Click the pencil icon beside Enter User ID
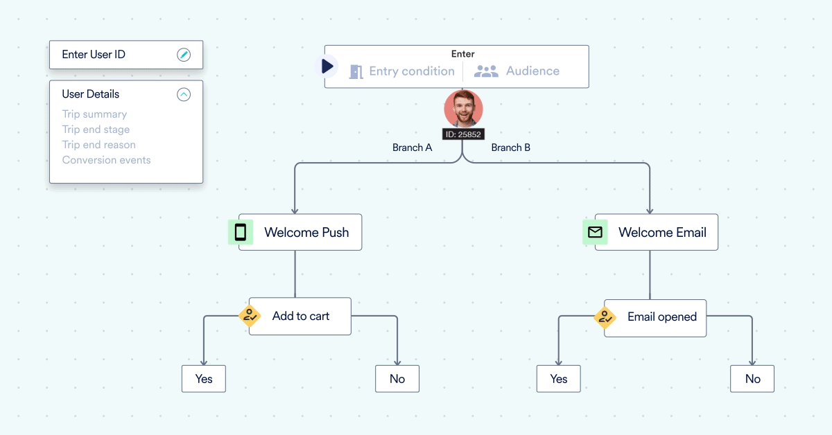pos(184,55)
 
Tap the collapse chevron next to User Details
pos(184,94)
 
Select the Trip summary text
pos(94,114)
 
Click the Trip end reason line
pos(98,145)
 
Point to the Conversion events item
pos(106,160)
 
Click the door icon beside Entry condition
pos(356,71)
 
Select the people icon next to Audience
pos(486,71)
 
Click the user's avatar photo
pos(463,108)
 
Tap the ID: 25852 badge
pos(463,134)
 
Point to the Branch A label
pos(412,148)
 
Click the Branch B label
pos(511,148)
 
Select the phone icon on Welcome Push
pos(241,232)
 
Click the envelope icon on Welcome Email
pos(595,232)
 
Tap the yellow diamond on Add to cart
pos(250,316)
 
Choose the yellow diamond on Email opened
pos(605,317)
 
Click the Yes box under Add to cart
pos(204,379)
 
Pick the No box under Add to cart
pos(397,379)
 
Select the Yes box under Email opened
pos(559,379)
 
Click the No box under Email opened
pos(752,379)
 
